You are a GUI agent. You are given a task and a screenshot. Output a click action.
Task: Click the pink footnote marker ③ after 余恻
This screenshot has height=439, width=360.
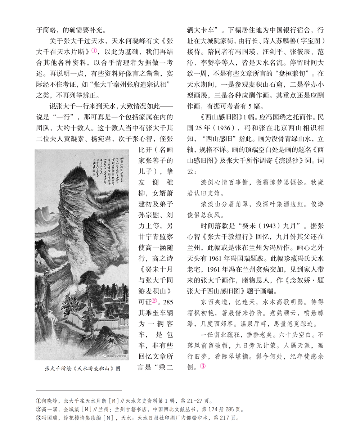203,366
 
